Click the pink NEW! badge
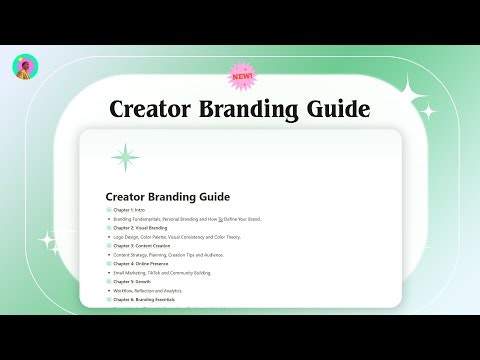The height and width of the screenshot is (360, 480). [241, 76]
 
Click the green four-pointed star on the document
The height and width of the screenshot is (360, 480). [126, 156]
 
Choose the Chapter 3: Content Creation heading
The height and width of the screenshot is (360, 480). [148, 245]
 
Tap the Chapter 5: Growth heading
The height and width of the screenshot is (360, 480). [135, 282]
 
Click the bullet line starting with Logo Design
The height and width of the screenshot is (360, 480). [176, 236]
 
